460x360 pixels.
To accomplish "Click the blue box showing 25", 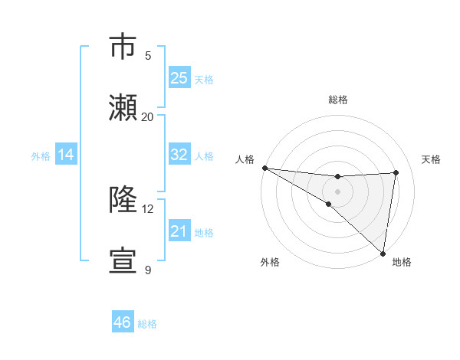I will tap(179, 77).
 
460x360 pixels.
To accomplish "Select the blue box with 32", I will tap(179, 154).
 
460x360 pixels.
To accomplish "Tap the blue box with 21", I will tap(179, 231).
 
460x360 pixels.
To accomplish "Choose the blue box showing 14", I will tap(66, 155).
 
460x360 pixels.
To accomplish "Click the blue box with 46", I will tap(123, 322).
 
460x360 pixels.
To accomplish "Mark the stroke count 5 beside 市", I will tap(147, 55).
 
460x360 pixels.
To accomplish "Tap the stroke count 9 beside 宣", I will tap(147, 270).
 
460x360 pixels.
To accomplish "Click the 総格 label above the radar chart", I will tap(337, 100).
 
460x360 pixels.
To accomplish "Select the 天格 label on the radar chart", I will tap(432, 159).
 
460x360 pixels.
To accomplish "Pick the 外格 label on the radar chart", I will tap(269, 262).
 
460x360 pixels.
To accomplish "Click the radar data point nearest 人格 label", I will tap(264, 167).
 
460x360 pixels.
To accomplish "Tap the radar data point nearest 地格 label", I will tap(383, 253).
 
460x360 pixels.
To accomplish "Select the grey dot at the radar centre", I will tap(337, 191).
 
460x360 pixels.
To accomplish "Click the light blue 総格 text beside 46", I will tap(147, 324).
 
